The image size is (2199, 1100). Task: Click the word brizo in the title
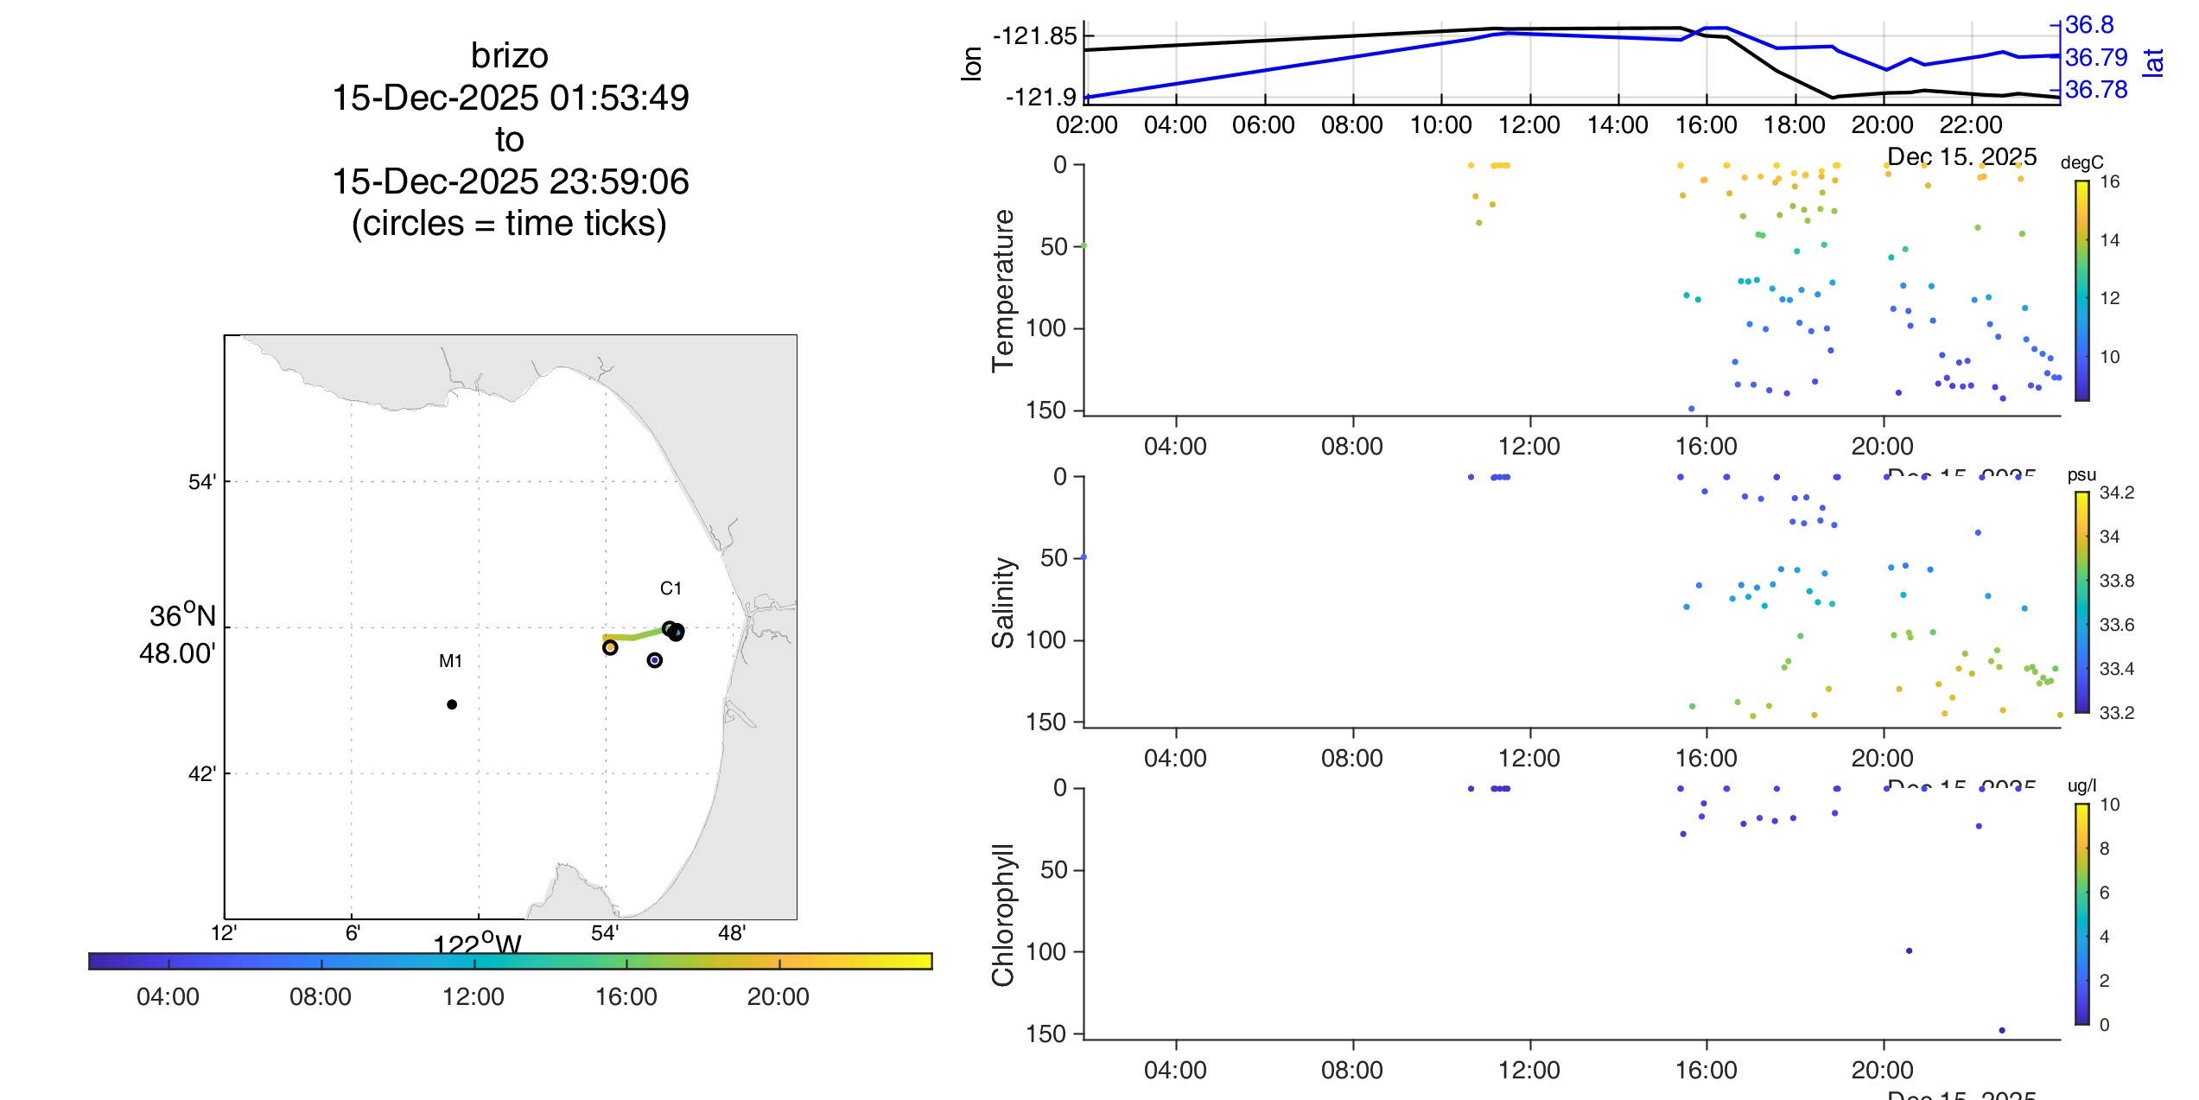[x=509, y=56]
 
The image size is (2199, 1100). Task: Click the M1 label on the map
[x=450, y=661]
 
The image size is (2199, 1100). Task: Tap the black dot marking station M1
[x=452, y=704]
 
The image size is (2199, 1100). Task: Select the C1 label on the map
[x=671, y=588]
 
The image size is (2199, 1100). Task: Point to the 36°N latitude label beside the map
[x=181, y=616]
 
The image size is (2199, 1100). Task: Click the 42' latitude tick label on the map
[x=201, y=773]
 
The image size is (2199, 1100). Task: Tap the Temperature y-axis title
[x=1003, y=290]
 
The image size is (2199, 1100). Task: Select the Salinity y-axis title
[x=1003, y=602]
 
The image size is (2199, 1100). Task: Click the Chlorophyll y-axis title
[x=1003, y=914]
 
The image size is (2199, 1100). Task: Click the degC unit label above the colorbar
[x=2081, y=162]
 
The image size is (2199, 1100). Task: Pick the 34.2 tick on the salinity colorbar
[x=2116, y=493]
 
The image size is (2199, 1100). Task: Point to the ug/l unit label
[x=2081, y=785]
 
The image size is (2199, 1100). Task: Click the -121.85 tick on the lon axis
[x=1034, y=36]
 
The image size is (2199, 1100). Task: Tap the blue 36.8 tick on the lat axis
[x=2089, y=25]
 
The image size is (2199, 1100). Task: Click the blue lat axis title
[x=2153, y=62]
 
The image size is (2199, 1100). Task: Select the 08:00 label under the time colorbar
[x=320, y=996]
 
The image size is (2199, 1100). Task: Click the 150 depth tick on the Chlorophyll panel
[x=1045, y=1033]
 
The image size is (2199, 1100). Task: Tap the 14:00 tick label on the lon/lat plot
[x=1617, y=125]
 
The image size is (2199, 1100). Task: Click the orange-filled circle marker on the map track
[x=610, y=647]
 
